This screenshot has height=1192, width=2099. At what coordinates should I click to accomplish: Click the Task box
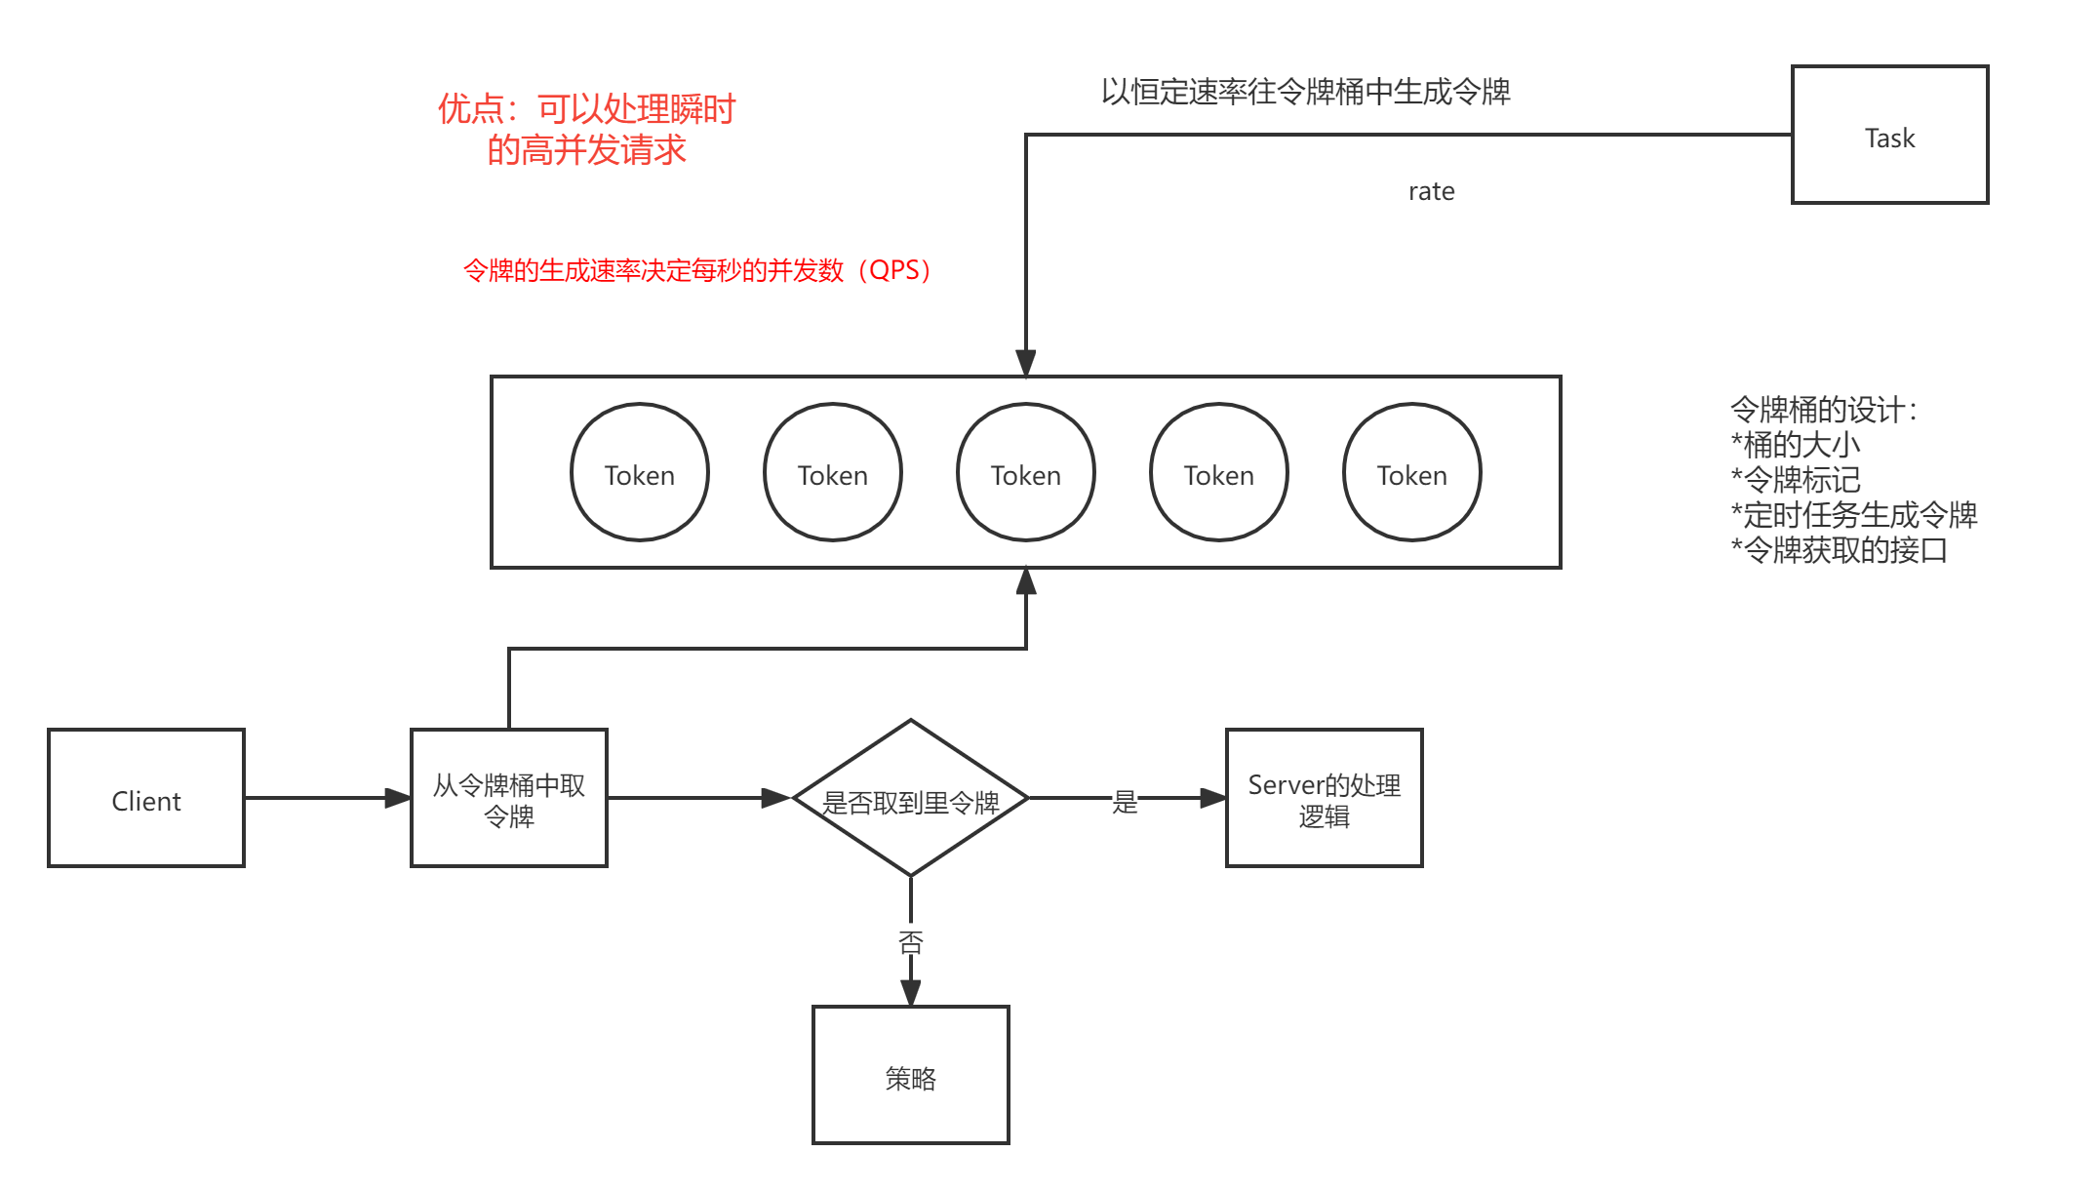click(x=1889, y=135)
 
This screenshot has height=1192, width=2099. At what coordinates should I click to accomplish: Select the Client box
click(x=146, y=798)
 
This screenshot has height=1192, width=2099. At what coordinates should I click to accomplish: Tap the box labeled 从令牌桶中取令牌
click(x=508, y=798)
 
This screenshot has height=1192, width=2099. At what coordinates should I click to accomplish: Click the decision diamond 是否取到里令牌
click(x=910, y=799)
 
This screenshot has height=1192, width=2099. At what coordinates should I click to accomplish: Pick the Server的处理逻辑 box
click(x=1324, y=798)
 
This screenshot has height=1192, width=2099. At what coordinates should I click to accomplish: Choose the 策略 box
click(x=910, y=1075)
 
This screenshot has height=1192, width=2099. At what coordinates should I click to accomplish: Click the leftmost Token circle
click(x=639, y=472)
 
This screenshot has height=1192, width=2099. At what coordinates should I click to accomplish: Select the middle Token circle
click(x=1025, y=472)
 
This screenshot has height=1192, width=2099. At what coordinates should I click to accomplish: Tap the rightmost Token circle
click(x=1411, y=472)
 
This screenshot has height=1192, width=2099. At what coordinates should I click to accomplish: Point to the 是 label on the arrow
click(x=1125, y=799)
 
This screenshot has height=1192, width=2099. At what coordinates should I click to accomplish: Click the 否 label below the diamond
click(x=910, y=939)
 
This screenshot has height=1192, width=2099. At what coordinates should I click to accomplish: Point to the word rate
click(x=1431, y=191)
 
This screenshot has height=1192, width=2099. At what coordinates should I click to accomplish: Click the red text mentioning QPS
click(x=696, y=270)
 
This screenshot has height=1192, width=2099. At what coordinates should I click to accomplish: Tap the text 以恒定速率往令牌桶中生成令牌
click(x=1305, y=92)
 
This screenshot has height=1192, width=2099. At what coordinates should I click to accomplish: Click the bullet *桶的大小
click(x=1795, y=445)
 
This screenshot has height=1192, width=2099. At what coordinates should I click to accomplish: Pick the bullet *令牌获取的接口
click(x=1838, y=550)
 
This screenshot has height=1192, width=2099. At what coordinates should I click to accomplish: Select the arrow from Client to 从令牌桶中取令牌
click(x=327, y=798)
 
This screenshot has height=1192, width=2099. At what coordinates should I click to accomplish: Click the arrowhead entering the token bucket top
click(x=1025, y=363)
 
